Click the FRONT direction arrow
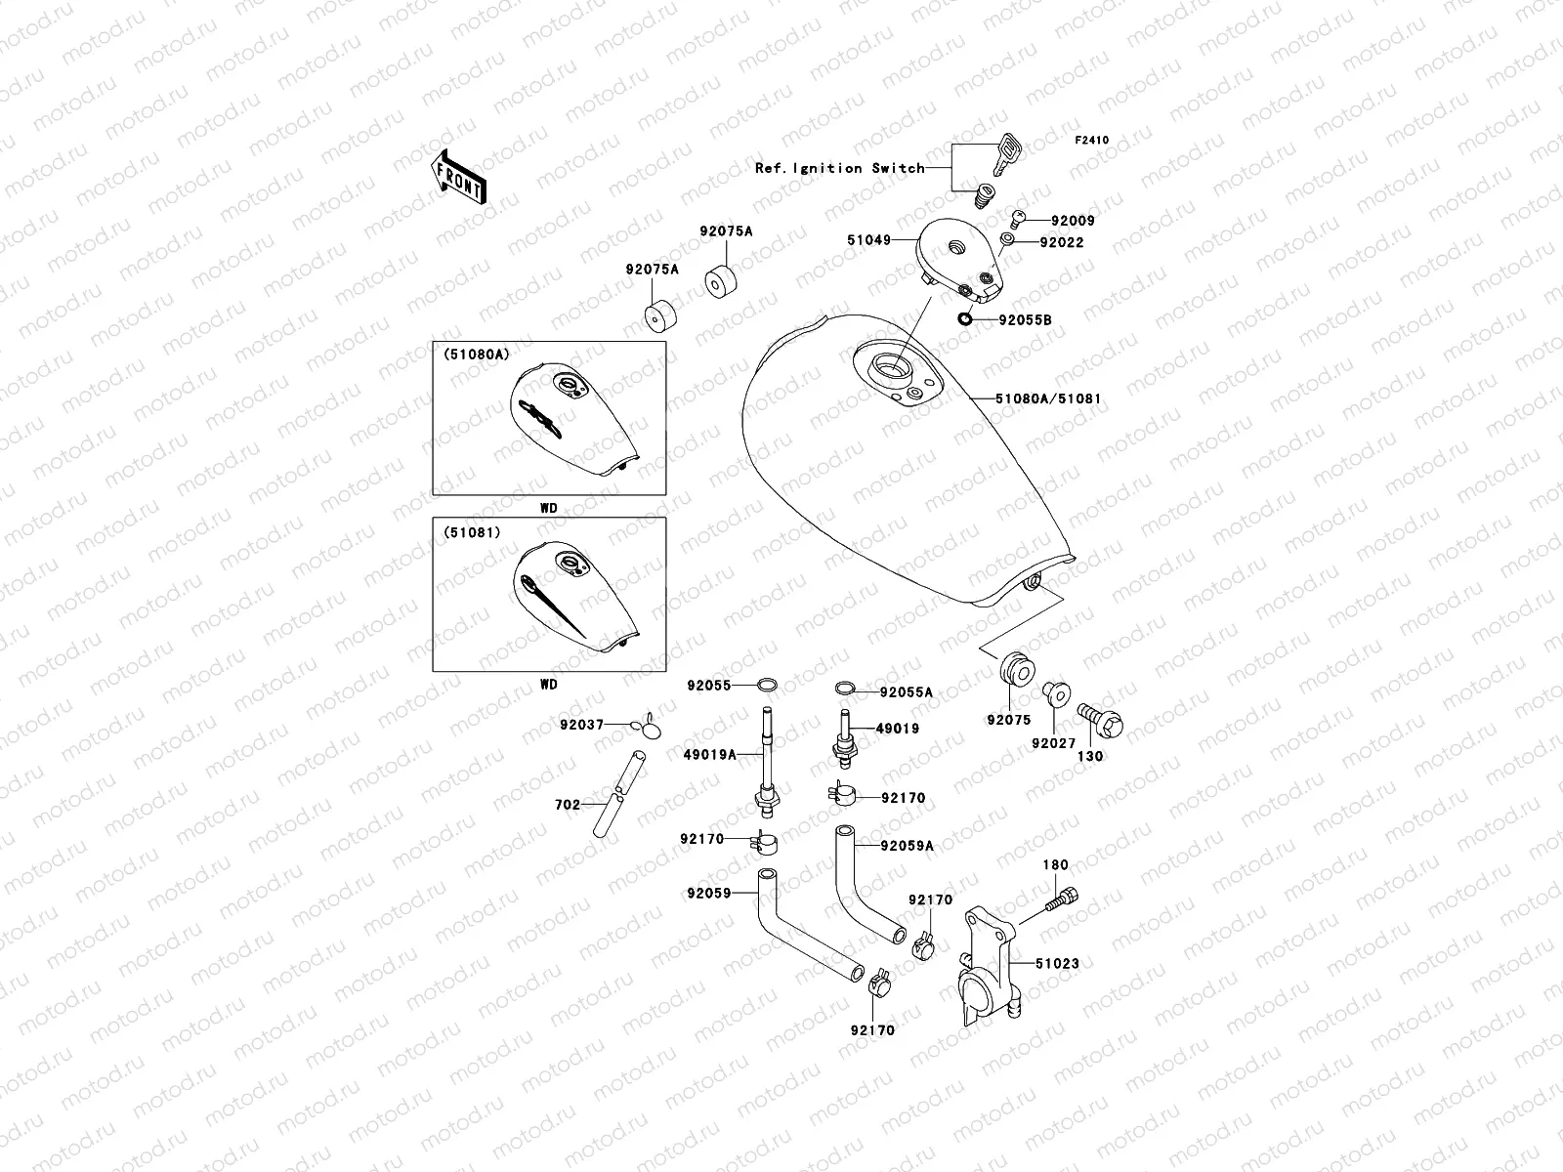click(x=461, y=177)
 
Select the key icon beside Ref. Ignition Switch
click(x=1006, y=153)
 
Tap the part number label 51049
click(x=869, y=239)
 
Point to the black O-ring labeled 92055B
click(x=964, y=318)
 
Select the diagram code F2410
click(x=1092, y=140)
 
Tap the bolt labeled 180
click(x=1064, y=898)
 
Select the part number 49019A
click(x=710, y=754)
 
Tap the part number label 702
click(x=567, y=805)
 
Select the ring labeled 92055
click(x=768, y=685)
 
